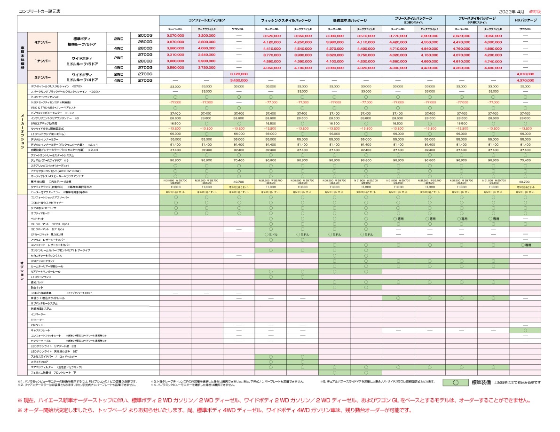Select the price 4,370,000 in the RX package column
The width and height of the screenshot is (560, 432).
click(x=525, y=80)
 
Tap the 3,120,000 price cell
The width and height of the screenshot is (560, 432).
click(x=238, y=74)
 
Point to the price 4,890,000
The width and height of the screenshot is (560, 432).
click(x=493, y=48)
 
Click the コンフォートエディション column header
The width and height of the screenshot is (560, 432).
click(x=206, y=21)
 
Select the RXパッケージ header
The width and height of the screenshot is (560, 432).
click(x=525, y=21)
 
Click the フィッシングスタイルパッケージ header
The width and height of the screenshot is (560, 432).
click(x=286, y=21)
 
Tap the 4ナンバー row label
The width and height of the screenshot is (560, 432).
click(x=42, y=42)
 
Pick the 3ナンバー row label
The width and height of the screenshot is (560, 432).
click(x=42, y=77)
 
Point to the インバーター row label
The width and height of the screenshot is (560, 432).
click(x=38, y=314)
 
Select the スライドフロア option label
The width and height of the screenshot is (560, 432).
click(x=39, y=362)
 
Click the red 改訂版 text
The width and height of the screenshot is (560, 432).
click(x=535, y=10)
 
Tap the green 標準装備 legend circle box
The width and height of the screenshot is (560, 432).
click(x=455, y=382)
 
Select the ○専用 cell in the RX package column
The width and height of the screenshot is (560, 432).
click(x=525, y=245)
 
